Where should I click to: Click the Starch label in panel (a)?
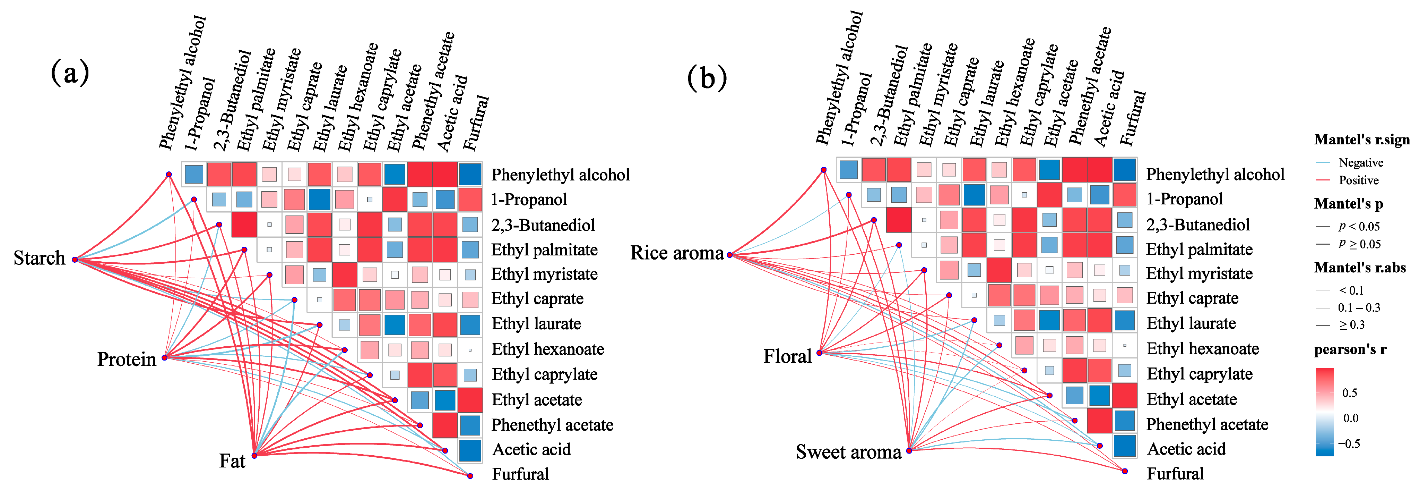click(x=39, y=258)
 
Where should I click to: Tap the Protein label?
click(x=127, y=360)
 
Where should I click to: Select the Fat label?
click(x=232, y=461)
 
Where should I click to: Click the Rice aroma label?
click(x=676, y=253)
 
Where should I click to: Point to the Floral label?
click(x=787, y=357)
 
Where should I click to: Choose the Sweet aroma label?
click(x=848, y=452)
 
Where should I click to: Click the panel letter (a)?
click(x=70, y=73)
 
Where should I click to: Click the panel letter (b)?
click(x=707, y=78)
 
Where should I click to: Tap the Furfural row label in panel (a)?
click(x=520, y=474)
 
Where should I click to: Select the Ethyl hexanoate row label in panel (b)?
click(x=1203, y=349)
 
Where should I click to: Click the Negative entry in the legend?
click(x=1361, y=163)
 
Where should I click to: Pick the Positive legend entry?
click(x=1358, y=180)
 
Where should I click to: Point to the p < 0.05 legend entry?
click(x=1358, y=226)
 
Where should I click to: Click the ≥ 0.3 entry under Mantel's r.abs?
click(x=1351, y=325)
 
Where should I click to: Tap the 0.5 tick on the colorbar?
click(x=1350, y=393)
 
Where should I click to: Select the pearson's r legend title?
click(x=1350, y=349)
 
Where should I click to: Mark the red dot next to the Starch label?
click(x=75, y=260)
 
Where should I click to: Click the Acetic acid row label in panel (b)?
click(x=1186, y=449)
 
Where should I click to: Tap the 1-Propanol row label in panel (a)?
click(x=529, y=200)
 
